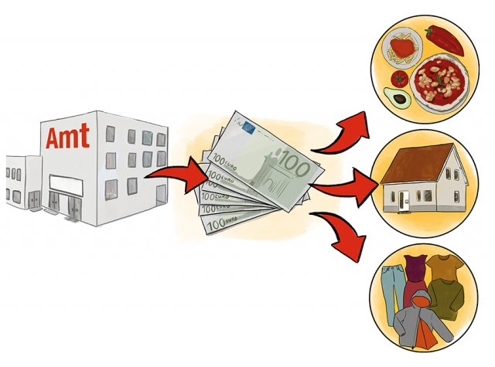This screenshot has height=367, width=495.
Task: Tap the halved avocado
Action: [396, 97]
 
